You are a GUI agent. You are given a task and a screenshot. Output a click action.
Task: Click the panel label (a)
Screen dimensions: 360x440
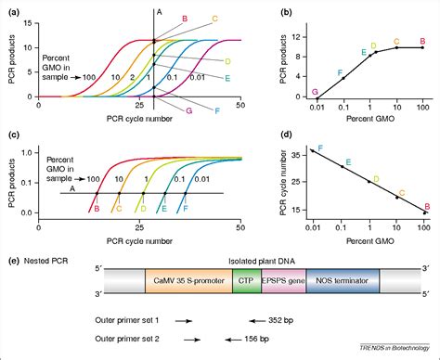click(x=9, y=9)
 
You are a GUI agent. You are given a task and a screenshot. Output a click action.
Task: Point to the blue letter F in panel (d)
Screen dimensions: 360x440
click(x=321, y=148)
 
